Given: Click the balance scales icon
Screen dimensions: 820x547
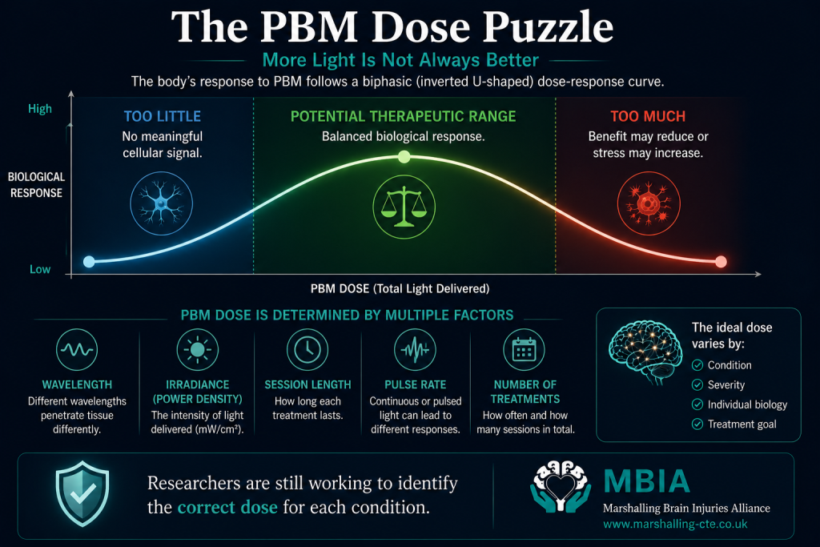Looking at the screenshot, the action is (404, 207).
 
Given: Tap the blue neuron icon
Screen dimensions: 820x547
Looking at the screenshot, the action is (161, 203).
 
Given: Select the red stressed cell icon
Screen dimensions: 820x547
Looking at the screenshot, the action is (649, 203).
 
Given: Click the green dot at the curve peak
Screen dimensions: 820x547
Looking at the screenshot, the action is (404, 156).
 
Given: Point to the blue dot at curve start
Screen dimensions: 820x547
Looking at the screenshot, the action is (89, 261).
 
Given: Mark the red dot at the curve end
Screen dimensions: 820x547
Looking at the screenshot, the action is (721, 261).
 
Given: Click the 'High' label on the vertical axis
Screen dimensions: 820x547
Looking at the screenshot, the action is (40, 109).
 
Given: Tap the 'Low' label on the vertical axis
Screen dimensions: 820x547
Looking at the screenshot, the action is (40, 269).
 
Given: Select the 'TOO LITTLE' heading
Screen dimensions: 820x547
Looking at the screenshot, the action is (162, 116).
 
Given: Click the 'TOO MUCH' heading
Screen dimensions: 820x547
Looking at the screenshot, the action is (648, 116).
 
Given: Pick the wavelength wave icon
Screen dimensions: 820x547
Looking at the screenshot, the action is (77, 349).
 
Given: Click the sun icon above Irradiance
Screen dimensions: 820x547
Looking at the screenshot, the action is (197, 349).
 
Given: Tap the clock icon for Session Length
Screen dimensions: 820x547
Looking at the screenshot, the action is (307, 349).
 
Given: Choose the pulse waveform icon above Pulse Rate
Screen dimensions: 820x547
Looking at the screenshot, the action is (416, 349).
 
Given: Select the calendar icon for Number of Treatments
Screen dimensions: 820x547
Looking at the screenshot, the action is (524, 349).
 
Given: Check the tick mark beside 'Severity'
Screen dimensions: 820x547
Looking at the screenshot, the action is (697, 385).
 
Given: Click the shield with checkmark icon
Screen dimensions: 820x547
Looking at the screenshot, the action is (82, 493).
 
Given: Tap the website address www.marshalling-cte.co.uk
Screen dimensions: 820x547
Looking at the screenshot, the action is (675, 524).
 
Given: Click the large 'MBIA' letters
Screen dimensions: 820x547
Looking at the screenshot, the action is (647, 481).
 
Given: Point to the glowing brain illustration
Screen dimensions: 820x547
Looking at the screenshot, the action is (645, 352).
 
